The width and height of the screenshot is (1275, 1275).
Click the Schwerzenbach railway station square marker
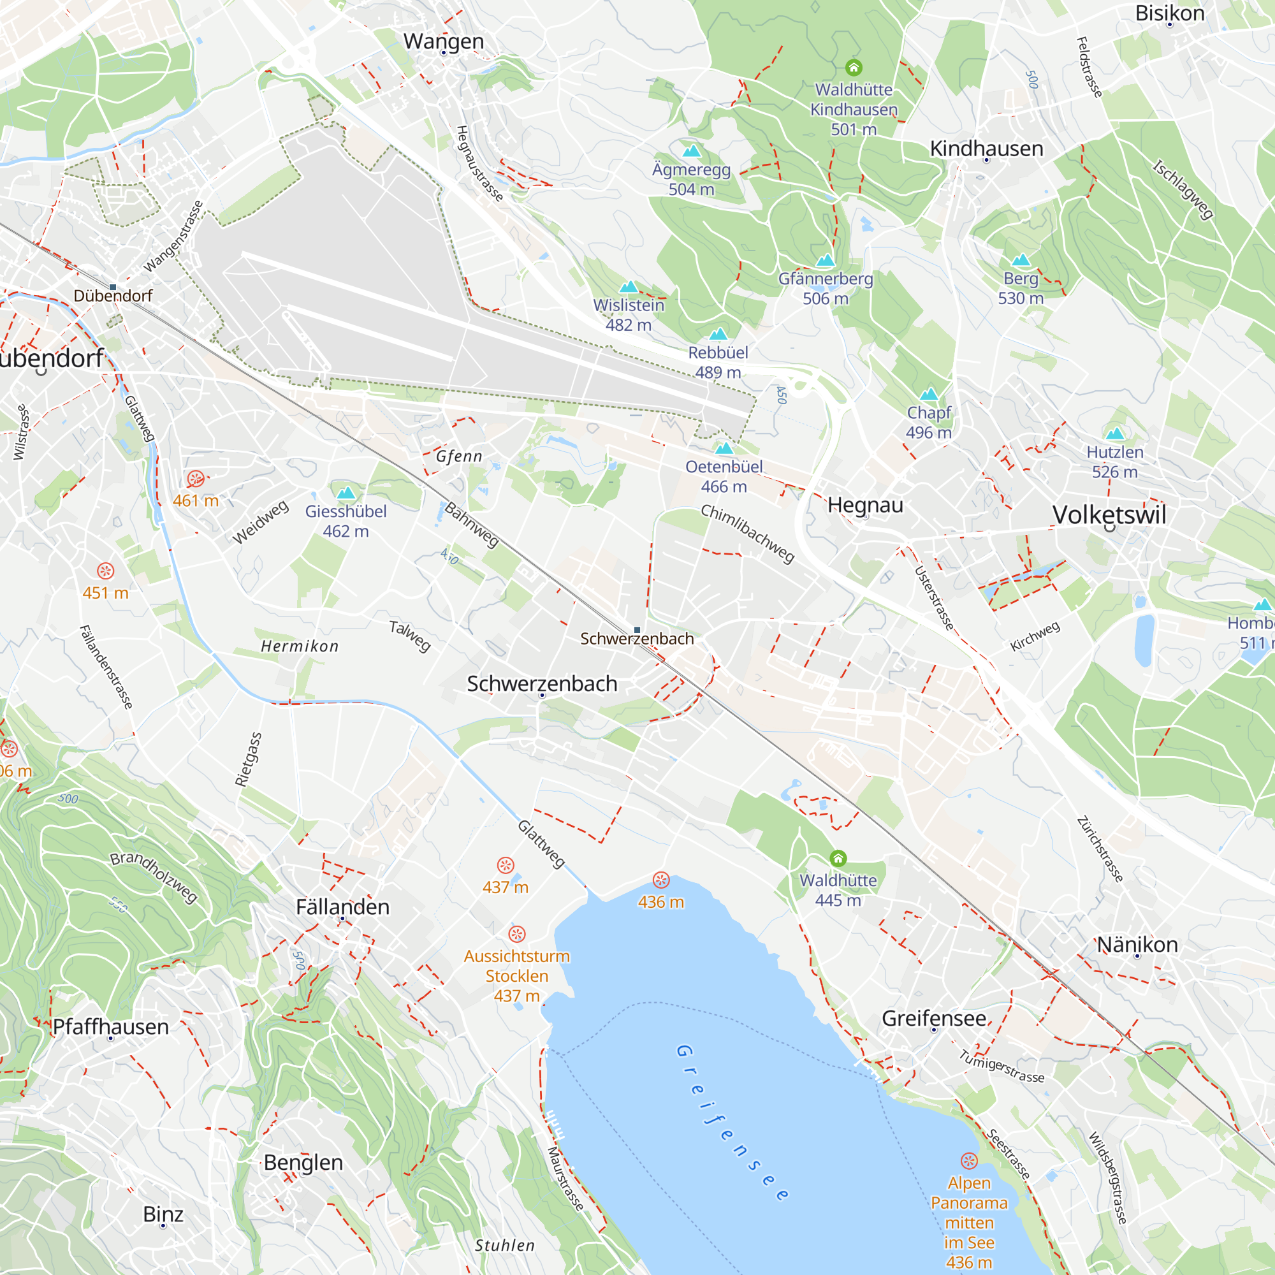tap(637, 630)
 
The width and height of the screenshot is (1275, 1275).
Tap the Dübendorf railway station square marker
tap(113, 287)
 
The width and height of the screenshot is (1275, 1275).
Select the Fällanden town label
tap(342, 907)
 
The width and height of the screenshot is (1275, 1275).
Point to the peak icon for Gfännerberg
tap(825, 261)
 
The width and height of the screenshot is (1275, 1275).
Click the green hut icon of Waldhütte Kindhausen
tap(854, 68)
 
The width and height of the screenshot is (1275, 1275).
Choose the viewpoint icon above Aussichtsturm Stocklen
tap(517, 934)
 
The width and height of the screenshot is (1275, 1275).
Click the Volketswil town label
tap(1109, 514)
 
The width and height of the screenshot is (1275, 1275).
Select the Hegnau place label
tap(865, 505)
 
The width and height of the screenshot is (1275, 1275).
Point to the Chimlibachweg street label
tap(747, 533)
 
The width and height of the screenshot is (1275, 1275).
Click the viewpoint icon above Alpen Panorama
tap(969, 1161)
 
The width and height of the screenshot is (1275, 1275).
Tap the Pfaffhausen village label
tap(111, 1027)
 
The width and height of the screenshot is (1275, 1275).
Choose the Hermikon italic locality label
tap(300, 646)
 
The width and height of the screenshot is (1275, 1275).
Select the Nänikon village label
tap(1137, 944)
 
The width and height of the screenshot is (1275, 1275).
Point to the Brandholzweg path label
tap(154, 877)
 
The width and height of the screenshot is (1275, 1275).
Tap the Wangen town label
tap(444, 41)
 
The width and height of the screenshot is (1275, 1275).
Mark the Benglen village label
tap(303, 1163)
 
